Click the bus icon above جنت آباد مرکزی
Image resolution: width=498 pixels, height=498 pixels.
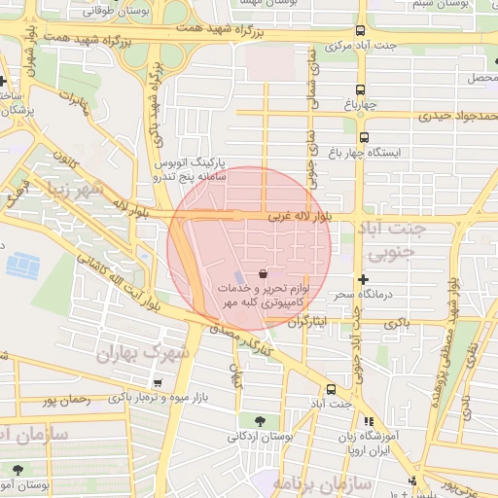tap(361, 31)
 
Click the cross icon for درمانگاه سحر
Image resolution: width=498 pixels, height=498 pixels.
tap(363, 278)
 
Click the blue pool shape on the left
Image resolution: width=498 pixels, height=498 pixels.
tap(18, 264)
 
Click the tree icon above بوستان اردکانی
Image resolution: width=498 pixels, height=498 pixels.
tap(260, 421)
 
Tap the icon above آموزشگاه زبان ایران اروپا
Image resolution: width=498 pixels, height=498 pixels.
tap(368, 421)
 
